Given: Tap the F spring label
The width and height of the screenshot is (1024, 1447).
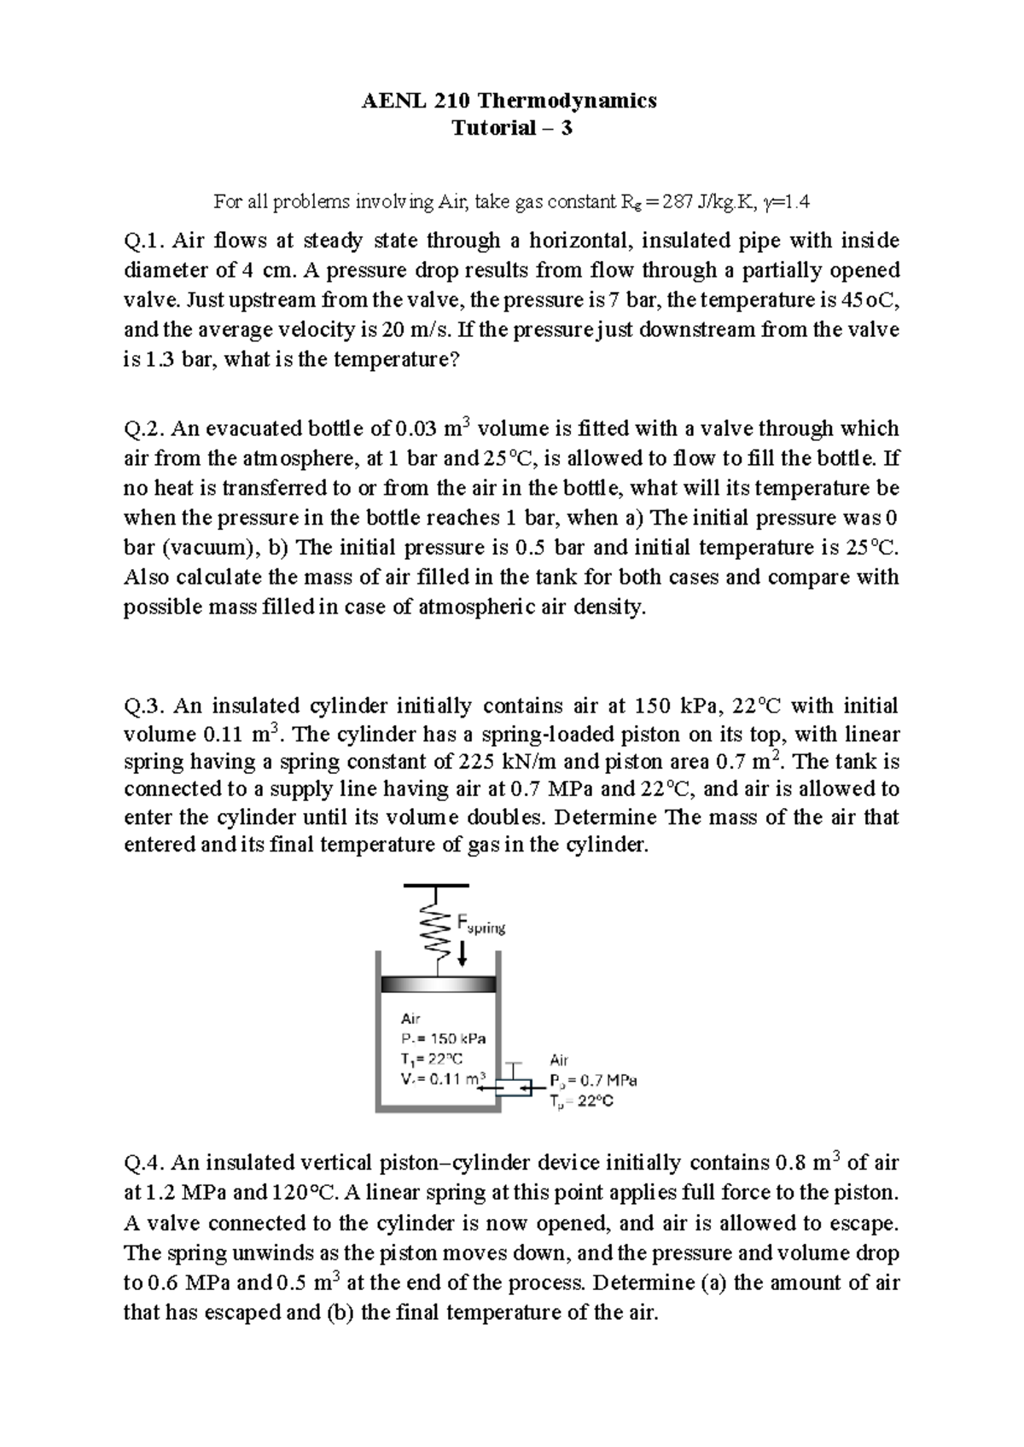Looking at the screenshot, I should (480, 924).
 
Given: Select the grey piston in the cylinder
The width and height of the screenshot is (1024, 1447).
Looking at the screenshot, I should (439, 984).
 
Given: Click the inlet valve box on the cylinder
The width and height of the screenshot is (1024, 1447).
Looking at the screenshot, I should (513, 1086).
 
